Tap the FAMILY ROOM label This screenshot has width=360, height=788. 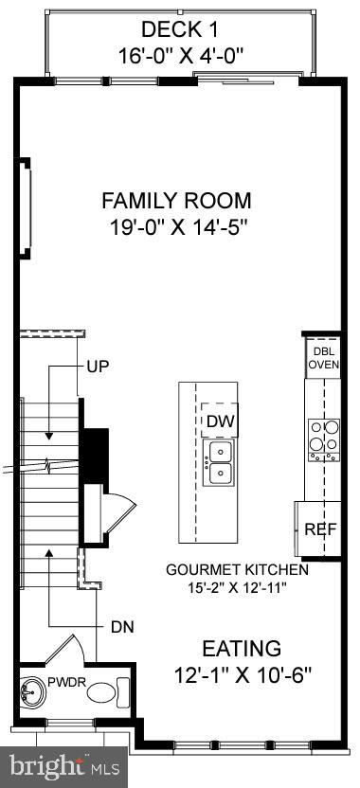click(177, 201)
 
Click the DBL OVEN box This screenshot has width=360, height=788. click(321, 356)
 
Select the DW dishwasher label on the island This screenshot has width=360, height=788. click(220, 421)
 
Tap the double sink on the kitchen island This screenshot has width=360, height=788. click(220, 462)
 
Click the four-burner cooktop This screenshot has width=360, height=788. click(322, 439)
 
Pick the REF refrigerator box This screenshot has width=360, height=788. click(320, 529)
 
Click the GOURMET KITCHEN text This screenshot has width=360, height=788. click(237, 570)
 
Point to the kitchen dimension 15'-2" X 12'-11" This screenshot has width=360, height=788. click(237, 588)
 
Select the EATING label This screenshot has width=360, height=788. click(241, 649)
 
